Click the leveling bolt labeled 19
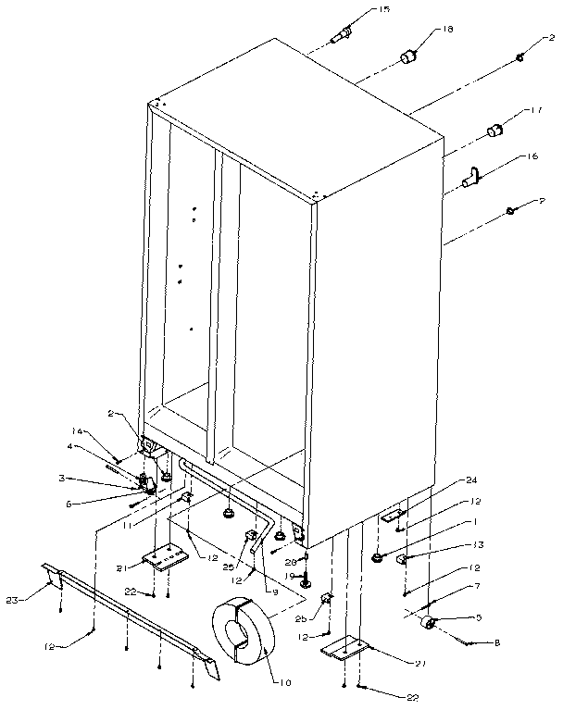[x=305, y=580]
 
